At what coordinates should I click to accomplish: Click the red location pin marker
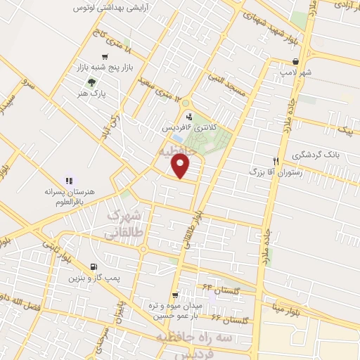tap(181, 166)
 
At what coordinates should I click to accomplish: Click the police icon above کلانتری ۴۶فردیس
tap(188, 117)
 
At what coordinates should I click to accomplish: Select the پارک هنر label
tap(93, 93)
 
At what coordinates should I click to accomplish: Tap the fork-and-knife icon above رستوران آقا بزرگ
tap(276, 160)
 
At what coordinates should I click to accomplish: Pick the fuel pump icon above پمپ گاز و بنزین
tap(94, 266)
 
